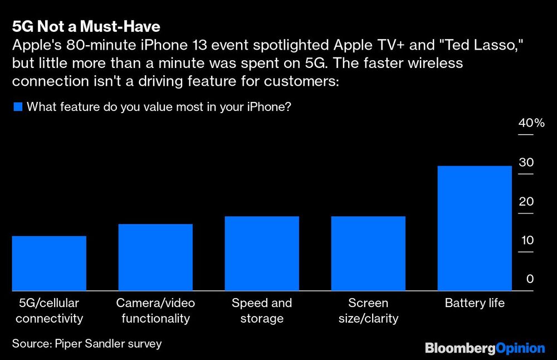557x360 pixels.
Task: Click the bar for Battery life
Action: [475, 228]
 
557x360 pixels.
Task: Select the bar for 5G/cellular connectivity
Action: [49, 263]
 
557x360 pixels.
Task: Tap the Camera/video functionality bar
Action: [155, 257]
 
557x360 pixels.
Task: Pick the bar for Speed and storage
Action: [262, 253]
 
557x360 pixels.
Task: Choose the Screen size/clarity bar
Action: [368, 253]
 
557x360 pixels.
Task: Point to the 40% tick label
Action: [531, 124]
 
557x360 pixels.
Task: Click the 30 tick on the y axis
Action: [526, 163]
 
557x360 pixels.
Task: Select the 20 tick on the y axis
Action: [526, 202]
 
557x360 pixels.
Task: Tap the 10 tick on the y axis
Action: [526, 241]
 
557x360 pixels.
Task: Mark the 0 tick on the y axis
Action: [530, 279]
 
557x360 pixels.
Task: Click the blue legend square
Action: [17, 107]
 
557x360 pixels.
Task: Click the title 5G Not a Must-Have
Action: [86, 27]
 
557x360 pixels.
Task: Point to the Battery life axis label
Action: [475, 304]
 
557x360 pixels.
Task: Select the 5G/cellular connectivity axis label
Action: [49, 311]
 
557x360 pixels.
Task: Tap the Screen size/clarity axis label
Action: [368, 311]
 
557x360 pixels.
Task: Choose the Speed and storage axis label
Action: [262, 311]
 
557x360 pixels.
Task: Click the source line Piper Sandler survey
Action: [87, 344]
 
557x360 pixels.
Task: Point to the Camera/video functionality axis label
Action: [155, 311]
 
